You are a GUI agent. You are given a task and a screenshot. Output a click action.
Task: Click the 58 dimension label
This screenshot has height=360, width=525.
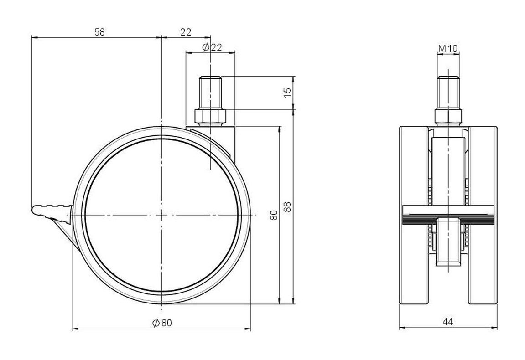[100, 32]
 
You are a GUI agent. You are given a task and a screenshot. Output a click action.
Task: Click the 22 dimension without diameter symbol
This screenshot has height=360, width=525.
[186, 32]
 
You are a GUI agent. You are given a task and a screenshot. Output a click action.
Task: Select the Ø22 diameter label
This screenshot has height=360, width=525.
[212, 47]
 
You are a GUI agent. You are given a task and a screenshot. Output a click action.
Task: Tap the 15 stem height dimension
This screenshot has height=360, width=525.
[288, 93]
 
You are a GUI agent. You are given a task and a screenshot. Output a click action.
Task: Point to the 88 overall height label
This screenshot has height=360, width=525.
[288, 206]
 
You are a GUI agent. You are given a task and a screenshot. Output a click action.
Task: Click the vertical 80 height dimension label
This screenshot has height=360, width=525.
[274, 215]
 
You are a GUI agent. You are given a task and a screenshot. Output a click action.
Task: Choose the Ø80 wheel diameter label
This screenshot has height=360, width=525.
[162, 323]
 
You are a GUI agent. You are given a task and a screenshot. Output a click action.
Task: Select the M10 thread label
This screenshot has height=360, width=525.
[448, 48]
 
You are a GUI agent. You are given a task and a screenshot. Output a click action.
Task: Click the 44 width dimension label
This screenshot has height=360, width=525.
[448, 322]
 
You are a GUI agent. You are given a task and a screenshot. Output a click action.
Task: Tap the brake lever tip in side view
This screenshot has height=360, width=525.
[33, 210]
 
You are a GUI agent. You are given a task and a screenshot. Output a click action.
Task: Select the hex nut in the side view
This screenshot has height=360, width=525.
[210, 116]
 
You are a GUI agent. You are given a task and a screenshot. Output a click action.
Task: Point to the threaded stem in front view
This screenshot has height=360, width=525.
[448, 93]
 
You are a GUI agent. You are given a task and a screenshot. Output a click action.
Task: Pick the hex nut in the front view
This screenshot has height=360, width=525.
[448, 116]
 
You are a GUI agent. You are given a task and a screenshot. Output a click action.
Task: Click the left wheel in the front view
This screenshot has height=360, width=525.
[414, 215]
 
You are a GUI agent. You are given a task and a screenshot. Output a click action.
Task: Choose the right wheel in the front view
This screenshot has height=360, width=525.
[483, 215]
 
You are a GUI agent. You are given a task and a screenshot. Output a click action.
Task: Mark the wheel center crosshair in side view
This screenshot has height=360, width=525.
[162, 215]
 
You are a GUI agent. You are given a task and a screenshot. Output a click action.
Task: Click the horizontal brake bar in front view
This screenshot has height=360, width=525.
[448, 215]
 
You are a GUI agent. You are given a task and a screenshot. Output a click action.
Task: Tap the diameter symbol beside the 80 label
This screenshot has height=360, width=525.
[156, 323]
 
